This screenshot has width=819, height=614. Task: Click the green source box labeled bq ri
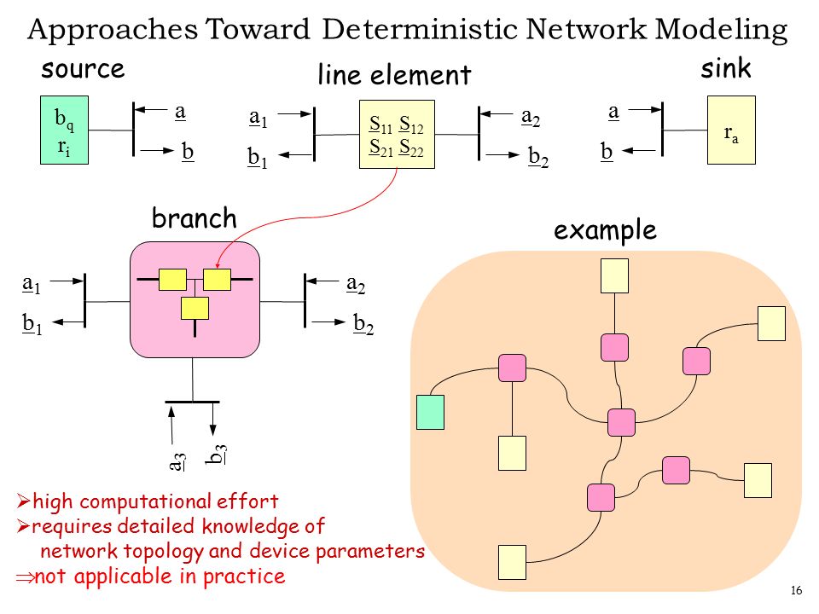[x=64, y=130]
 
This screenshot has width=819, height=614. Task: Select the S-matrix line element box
[x=397, y=134]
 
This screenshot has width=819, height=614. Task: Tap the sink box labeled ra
[x=731, y=130]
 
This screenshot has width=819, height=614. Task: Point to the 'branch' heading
[x=195, y=217]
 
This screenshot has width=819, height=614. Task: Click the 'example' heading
[x=605, y=230]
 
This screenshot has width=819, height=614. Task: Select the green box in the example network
[x=430, y=413]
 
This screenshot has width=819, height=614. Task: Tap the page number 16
[x=796, y=590]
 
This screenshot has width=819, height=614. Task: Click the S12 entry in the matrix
[x=411, y=125]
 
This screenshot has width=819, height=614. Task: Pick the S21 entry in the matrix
[x=380, y=148]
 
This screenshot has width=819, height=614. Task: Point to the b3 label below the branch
[x=216, y=455]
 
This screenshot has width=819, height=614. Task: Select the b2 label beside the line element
[x=538, y=157]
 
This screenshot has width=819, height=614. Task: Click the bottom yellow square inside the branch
[x=195, y=308]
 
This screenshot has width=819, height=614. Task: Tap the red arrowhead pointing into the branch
[x=219, y=264]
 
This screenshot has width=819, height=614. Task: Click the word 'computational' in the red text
[x=145, y=501]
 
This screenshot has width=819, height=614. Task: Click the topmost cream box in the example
[x=615, y=275]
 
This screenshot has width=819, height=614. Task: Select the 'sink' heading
[x=725, y=68]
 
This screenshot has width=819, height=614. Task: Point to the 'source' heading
[x=83, y=69]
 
